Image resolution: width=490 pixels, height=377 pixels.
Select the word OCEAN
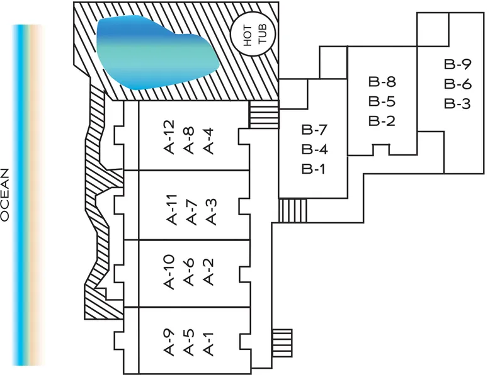tap(6, 194)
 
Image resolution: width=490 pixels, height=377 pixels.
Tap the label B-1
tap(313, 169)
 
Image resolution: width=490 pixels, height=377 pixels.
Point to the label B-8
tap(382, 82)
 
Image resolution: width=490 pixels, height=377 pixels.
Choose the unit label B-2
tap(382, 120)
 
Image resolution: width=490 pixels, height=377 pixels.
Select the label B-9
tap(457, 64)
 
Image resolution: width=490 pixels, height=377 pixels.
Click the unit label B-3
tap(457, 103)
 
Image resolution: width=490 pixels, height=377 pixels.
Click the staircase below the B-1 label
tap(292, 210)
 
